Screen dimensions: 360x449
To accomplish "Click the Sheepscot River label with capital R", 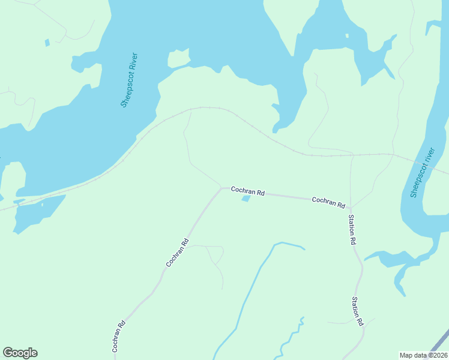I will [x=130, y=80].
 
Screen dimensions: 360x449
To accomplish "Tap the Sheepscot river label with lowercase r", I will [x=422, y=172].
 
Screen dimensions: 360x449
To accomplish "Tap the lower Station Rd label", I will [x=357, y=311].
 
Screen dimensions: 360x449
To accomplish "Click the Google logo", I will [x=20, y=353].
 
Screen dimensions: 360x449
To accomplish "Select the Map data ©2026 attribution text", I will [x=424, y=355].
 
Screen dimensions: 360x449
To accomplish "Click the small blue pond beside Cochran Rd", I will [x=246, y=199].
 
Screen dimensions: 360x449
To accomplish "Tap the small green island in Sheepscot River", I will [x=178, y=58].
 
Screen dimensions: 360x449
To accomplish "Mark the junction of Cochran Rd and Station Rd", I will [x=350, y=208].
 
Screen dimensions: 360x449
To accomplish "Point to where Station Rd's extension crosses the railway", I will [x=351, y=155].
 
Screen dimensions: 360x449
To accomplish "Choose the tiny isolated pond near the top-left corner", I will [x=47, y=43].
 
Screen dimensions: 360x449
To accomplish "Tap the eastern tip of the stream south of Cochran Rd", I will [x=304, y=248].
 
